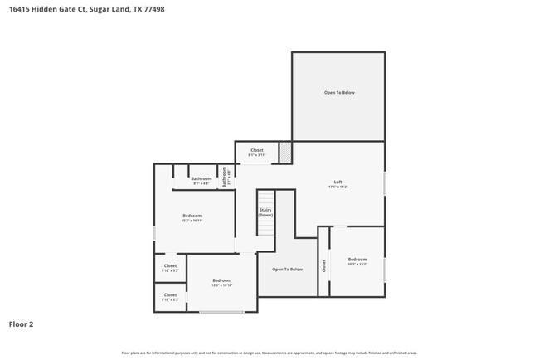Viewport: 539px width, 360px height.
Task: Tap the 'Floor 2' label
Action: pyautogui.click(x=22, y=324)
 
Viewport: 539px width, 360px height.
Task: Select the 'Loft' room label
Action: pyautogui.click(x=338, y=182)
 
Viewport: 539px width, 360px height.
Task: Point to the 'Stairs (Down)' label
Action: pyautogui.click(x=265, y=212)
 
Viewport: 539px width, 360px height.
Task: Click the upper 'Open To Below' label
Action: pyautogui.click(x=339, y=92)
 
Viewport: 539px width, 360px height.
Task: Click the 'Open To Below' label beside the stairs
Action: pyautogui.click(x=288, y=269)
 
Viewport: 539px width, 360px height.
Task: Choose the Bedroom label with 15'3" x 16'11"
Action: pyautogui.click(x=192, y=216)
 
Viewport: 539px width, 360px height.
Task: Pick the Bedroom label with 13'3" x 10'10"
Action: pyautogui.click(x=221, y=280)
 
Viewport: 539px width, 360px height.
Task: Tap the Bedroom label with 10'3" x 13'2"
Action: pyautogui.click(x=357, y=260)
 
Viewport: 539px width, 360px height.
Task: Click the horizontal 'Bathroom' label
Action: pyautogui.click(x=202, y=178)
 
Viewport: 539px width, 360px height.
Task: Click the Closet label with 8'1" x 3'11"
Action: pyautogui.click(x=257, y=150)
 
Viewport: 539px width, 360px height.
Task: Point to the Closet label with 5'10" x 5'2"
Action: pyautogui.click(x=170, y=266)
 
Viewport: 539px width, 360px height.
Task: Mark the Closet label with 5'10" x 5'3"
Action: pyautogui.click(x=170, y=294)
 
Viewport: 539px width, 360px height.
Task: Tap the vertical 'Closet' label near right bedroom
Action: pyautogui.click(x=324, y=265)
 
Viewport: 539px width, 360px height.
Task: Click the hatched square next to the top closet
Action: pyautogui.click(x=285, y=151)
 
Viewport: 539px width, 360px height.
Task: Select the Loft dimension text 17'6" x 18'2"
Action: pyautogui.click(x=338, y=187)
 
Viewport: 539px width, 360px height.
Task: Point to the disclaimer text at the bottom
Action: pyautogui.click(x=269, y=353)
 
